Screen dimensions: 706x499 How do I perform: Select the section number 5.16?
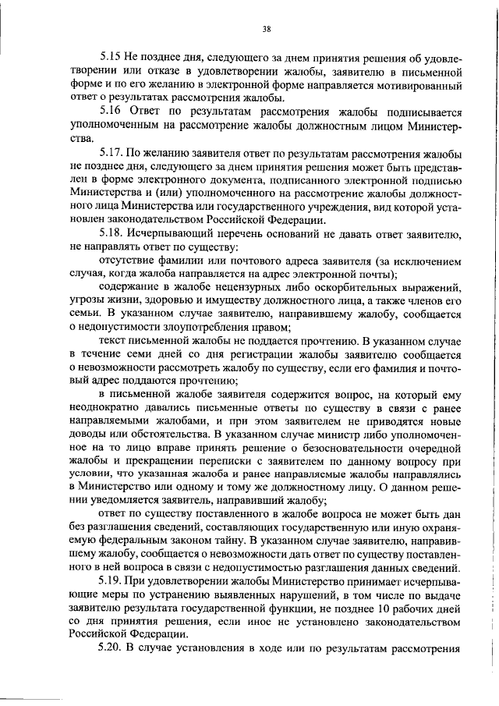(x=111, y=112)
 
